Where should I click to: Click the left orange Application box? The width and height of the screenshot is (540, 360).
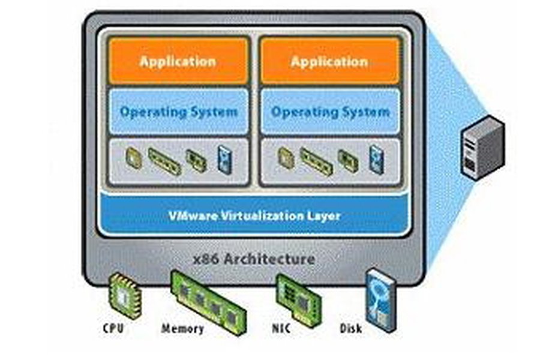(x=178, y=61)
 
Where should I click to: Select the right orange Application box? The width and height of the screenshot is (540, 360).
(x=329, y=61)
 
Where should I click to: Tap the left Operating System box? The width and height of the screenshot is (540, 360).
(x=178, y=112)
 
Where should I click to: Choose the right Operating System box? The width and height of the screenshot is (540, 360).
(x=329, y=112)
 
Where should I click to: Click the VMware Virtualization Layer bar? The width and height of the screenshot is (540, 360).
(x=254, y=215)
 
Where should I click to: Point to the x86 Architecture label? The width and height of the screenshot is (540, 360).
(x=254, y=259)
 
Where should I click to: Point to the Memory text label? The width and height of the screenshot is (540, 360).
(x=182, y=329)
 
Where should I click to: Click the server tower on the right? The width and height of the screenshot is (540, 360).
(x=482, y=148)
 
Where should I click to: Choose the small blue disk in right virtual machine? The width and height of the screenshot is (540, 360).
(x=376, y=157)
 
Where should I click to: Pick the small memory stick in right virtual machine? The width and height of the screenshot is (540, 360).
(x=316, y=161)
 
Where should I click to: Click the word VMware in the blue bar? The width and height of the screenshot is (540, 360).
(x=190, y=215)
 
